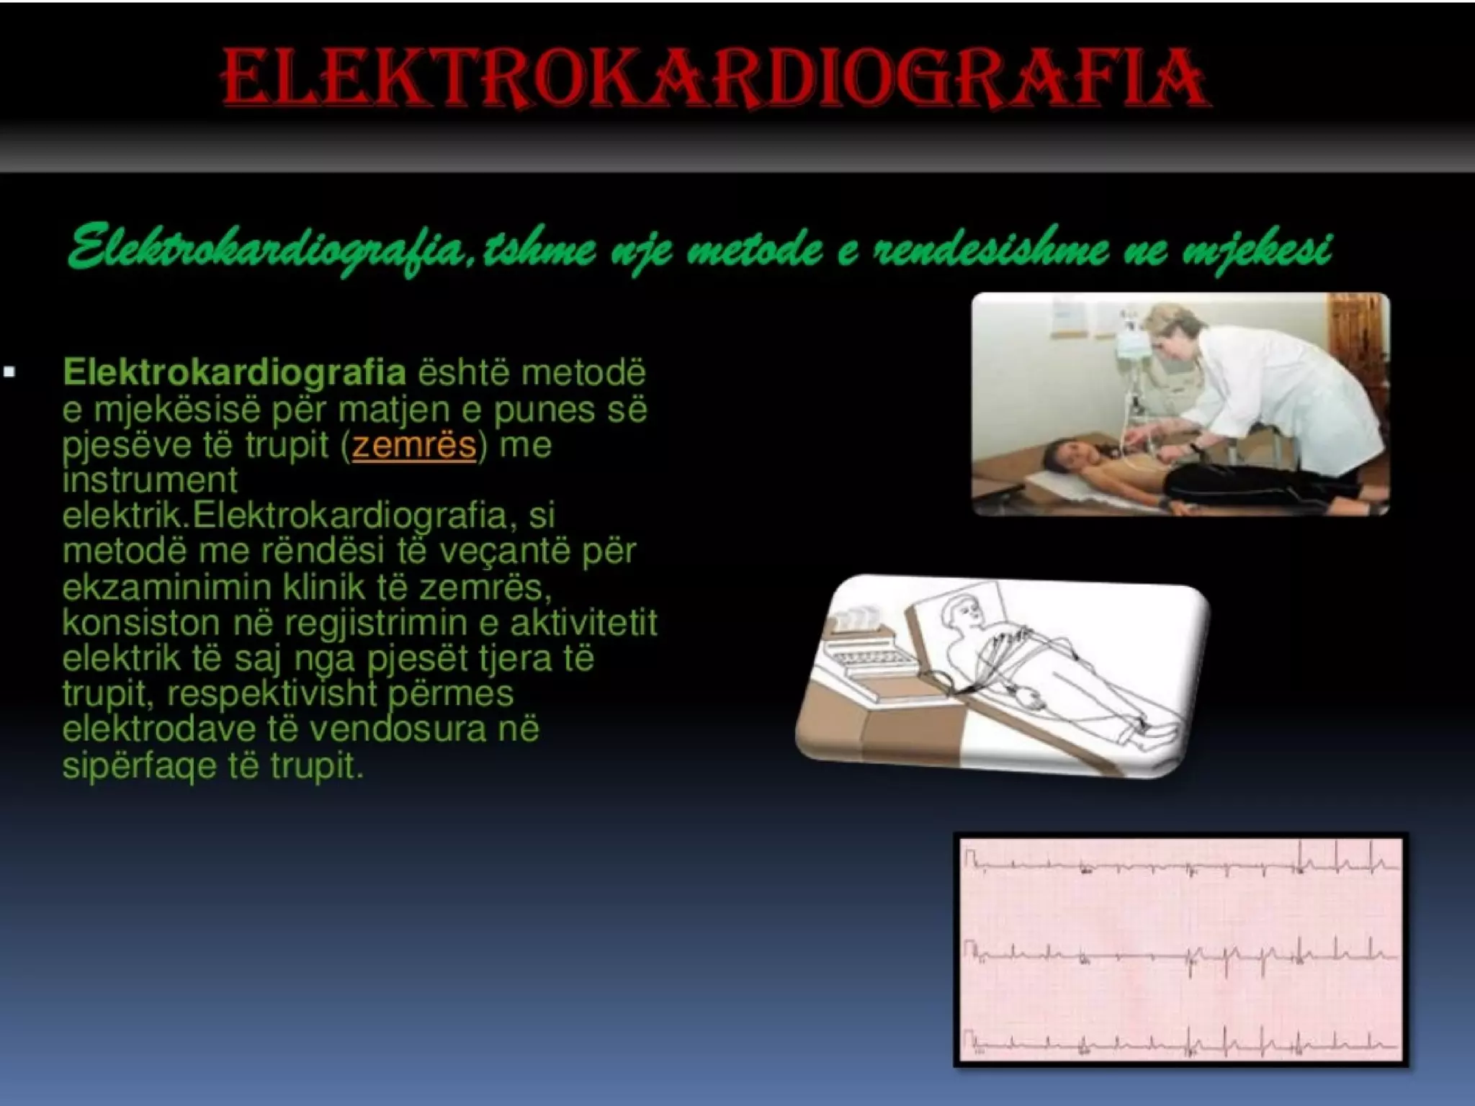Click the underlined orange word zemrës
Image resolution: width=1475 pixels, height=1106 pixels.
(414, 445)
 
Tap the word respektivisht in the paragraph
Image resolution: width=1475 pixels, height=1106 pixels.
(272, 694)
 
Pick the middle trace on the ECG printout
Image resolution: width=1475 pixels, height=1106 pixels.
(1181, 956)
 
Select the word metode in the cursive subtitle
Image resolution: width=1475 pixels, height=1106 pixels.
(754, 249)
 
